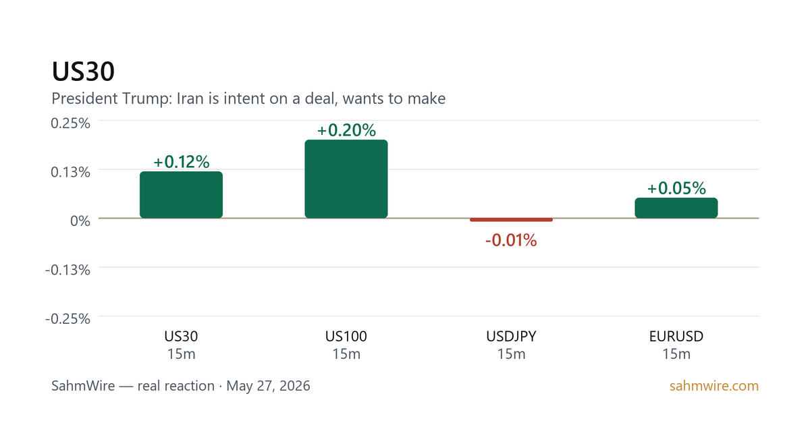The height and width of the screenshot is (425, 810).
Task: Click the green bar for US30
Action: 181,195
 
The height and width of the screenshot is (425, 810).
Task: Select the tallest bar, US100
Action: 346,179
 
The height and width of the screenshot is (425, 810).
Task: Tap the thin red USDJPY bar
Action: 512,220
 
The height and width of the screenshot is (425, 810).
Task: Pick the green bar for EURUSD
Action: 676,208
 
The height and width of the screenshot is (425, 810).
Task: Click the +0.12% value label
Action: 181,161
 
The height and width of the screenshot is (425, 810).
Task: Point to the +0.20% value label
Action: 346,130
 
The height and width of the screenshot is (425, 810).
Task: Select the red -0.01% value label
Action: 511,240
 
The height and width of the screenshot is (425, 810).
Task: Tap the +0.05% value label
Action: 676,188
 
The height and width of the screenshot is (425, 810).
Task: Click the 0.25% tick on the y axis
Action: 70,123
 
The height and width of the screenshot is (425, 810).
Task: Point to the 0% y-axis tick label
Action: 80,221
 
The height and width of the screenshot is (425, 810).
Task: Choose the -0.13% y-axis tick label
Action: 67,270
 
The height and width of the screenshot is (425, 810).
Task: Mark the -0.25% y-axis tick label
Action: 67,318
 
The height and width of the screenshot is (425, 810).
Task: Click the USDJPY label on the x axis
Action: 512,337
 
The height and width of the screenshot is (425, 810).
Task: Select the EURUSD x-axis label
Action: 676,337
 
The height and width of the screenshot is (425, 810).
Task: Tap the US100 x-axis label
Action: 346,337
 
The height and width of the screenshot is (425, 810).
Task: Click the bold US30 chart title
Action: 83,72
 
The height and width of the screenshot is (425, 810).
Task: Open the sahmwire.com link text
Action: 714,386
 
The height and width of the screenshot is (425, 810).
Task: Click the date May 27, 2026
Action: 269,386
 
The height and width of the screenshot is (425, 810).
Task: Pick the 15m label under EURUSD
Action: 676,354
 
